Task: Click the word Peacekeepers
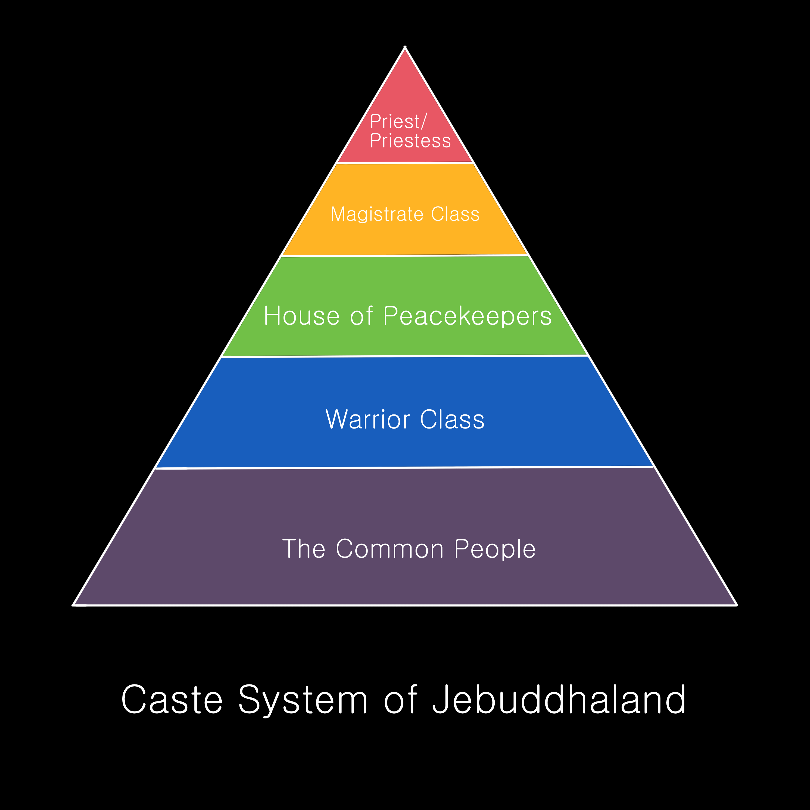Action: (x=467, y=316)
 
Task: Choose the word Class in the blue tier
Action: (x=452, y=419)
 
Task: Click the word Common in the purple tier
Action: (x=390, y=549)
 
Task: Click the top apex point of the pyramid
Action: (x=405, y=47)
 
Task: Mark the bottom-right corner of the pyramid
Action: (x=736, y=605)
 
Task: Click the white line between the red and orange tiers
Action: (x=405, y=163)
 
